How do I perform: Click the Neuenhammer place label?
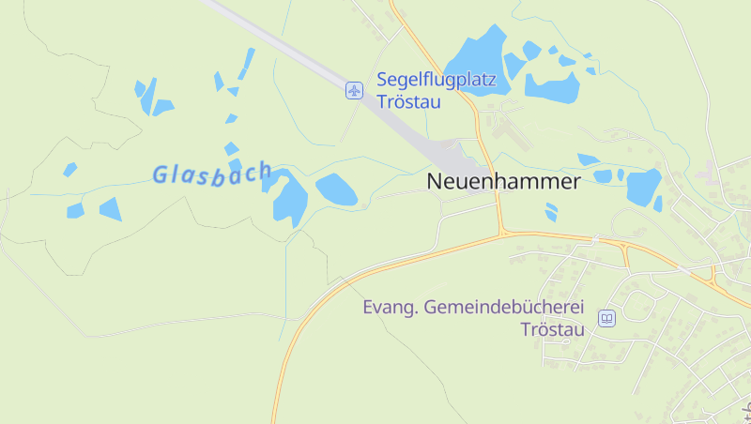[x=503, y=182]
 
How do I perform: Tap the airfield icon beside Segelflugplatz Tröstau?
[x=354, y=90]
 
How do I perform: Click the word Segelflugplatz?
[x=436, y=81]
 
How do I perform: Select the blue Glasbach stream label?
[x=212, y=174]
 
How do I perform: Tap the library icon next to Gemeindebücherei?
[x=606, y=319]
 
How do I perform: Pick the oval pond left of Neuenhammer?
[x=336, y=189]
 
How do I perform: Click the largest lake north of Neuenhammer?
[x=479, y=61]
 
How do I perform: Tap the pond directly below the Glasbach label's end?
[x=290, y=199]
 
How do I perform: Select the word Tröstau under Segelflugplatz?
[x=409, y=101]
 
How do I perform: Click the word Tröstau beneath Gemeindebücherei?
[x=553, y=329]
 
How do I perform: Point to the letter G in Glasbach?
[x=160, y=174]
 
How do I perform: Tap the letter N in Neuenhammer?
[x=436, y=182]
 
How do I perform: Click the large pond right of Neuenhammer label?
[x=643, y=186]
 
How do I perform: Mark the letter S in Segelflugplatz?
[x=382, y=81]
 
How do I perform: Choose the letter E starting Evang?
[x=369, y=308]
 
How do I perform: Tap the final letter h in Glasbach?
[x=265, y=170]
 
